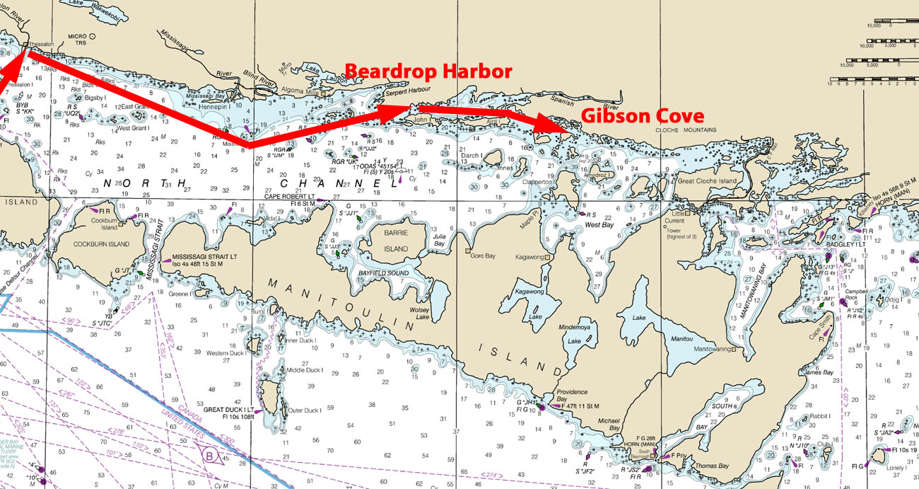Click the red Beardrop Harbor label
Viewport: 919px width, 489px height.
tap(428, 71)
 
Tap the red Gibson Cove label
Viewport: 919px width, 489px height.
tap(642, 116)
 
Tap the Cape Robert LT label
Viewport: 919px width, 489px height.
tap(291, 196)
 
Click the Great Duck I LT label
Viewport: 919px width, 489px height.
tap(229, 409)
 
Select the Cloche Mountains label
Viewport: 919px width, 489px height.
tap(686, 130)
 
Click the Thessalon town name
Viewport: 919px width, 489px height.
tap(40, 44)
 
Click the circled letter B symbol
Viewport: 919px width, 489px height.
tap(211, 457)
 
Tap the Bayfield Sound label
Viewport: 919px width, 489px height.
tap(384, 272)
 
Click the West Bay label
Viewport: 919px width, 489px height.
tap(598, 224)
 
